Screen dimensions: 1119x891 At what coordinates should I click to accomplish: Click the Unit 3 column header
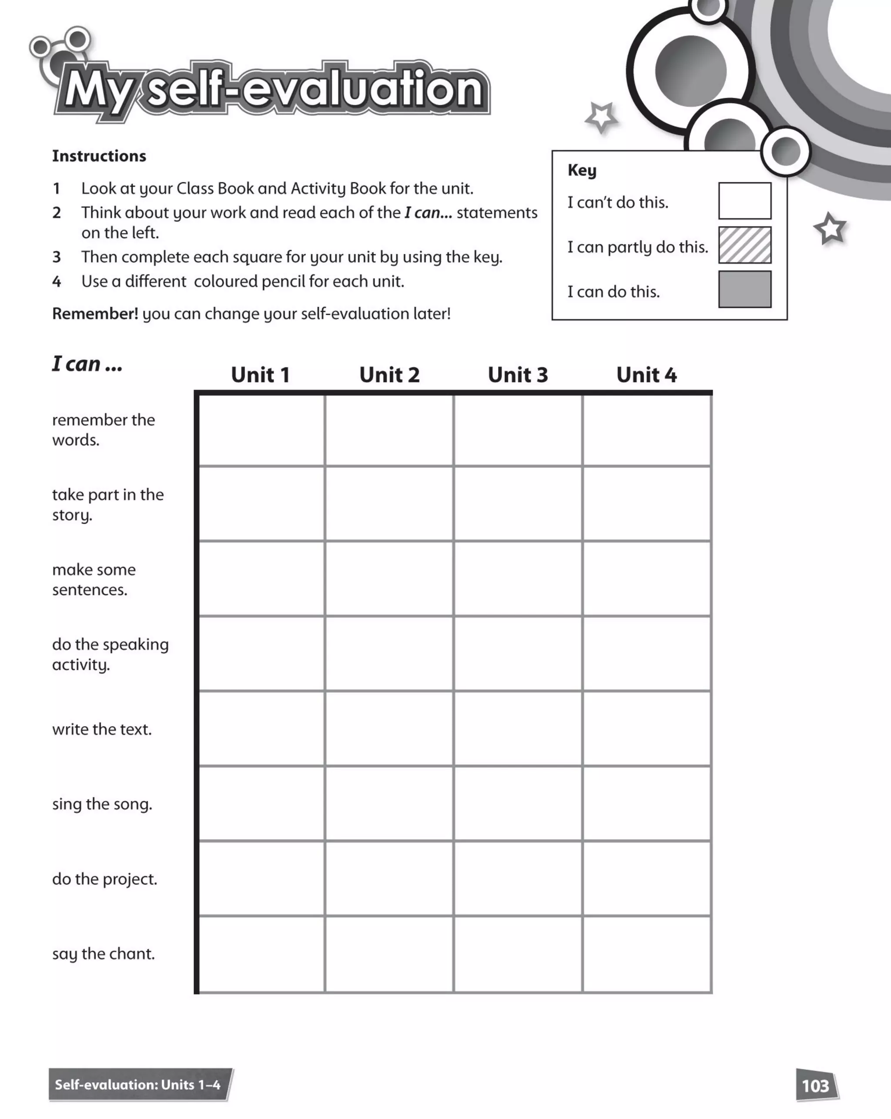click(517, 375)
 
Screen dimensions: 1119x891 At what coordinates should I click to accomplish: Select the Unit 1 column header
click(260, 375)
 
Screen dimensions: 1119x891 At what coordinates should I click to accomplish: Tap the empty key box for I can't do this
click(744, 201)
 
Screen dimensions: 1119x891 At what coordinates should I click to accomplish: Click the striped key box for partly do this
click(744, 245)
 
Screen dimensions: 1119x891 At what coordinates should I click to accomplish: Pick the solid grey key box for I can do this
click(744, 289)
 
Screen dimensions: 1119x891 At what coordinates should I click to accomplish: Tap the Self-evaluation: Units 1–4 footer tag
click(138, 1085)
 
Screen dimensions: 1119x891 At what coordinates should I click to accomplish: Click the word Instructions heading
click(99, 156)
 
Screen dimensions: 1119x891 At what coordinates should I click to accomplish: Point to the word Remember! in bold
click(95, 314)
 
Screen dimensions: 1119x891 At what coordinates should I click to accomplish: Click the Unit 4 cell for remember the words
click(646, 430)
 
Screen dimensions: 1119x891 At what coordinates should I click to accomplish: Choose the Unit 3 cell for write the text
click(517, 728)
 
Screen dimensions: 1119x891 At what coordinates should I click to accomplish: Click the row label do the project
click(104, 879)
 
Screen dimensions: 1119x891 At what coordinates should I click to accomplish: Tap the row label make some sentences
click(94, 579)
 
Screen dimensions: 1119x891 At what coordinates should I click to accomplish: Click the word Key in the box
click(582, 170)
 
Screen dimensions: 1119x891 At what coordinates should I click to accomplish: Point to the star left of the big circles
click(601, 117)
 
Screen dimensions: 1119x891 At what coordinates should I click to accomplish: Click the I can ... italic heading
click(87, 364)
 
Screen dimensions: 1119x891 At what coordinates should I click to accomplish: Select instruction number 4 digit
click(57, 282)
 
